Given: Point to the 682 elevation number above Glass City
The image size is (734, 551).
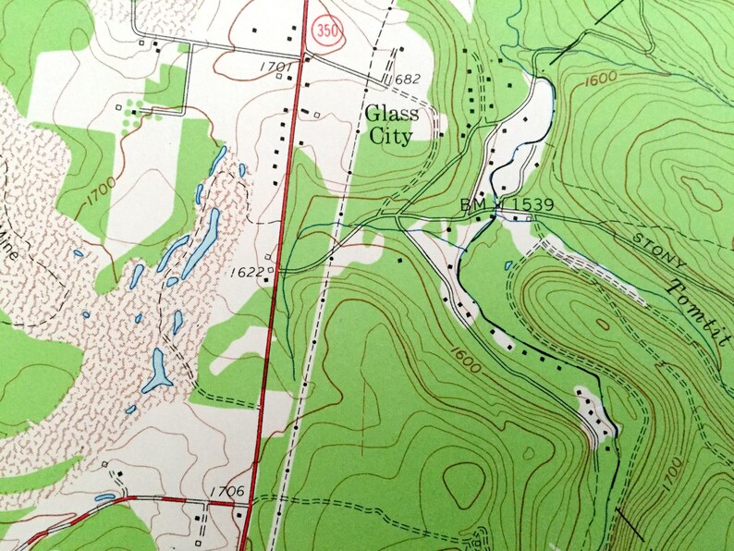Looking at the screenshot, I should click(404, 80).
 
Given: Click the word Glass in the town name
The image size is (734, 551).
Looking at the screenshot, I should click(391, 114).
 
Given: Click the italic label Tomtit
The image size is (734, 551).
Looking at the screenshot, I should click(696, 310).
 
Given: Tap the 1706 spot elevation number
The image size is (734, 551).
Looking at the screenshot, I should click(226, 491).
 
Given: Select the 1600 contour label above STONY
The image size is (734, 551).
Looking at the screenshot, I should click(600, 82).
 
